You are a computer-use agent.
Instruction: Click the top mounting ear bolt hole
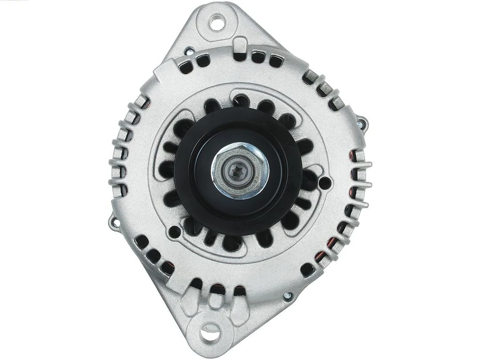(217, 21)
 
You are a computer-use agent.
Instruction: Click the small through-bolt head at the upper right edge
(363, 120)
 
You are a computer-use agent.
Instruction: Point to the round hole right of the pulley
(325, 182)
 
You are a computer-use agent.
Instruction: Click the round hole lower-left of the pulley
(175, 232)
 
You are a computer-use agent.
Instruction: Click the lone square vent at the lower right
(307, 269)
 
